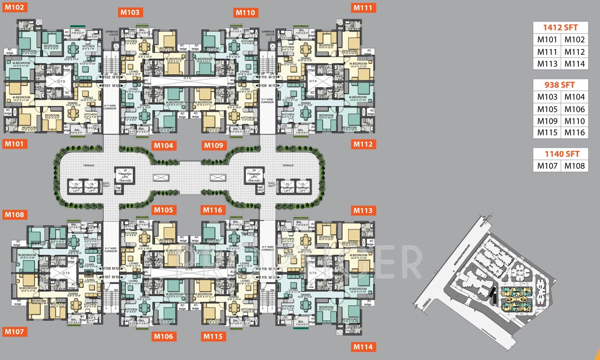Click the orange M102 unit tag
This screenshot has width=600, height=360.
tap(15, 7)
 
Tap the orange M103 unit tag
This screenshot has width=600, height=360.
tap(130, 13)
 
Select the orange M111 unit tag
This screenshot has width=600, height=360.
tap(363, 7)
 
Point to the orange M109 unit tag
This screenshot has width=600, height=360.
tap(215, 145)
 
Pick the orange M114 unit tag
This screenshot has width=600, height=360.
tap(363, 347)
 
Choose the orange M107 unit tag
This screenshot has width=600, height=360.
tap(15, 332)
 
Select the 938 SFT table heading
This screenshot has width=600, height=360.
tap(561, 85)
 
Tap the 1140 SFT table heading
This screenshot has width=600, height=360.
tap(561, 154)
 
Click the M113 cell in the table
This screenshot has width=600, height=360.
tap(547, 64)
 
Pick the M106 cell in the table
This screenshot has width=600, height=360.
tap(575, 109)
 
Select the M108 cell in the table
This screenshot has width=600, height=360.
tap(575, 165)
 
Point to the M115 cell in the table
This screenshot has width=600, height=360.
tap(547, 133)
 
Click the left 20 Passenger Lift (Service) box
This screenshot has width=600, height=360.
tap(125, 175)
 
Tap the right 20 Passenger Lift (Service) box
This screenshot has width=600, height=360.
tap(255, 175)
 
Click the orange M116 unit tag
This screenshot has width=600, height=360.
tap(214, 210)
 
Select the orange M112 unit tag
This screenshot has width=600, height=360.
tap(363, 144)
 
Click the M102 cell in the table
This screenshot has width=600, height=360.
tap(575, 40)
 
